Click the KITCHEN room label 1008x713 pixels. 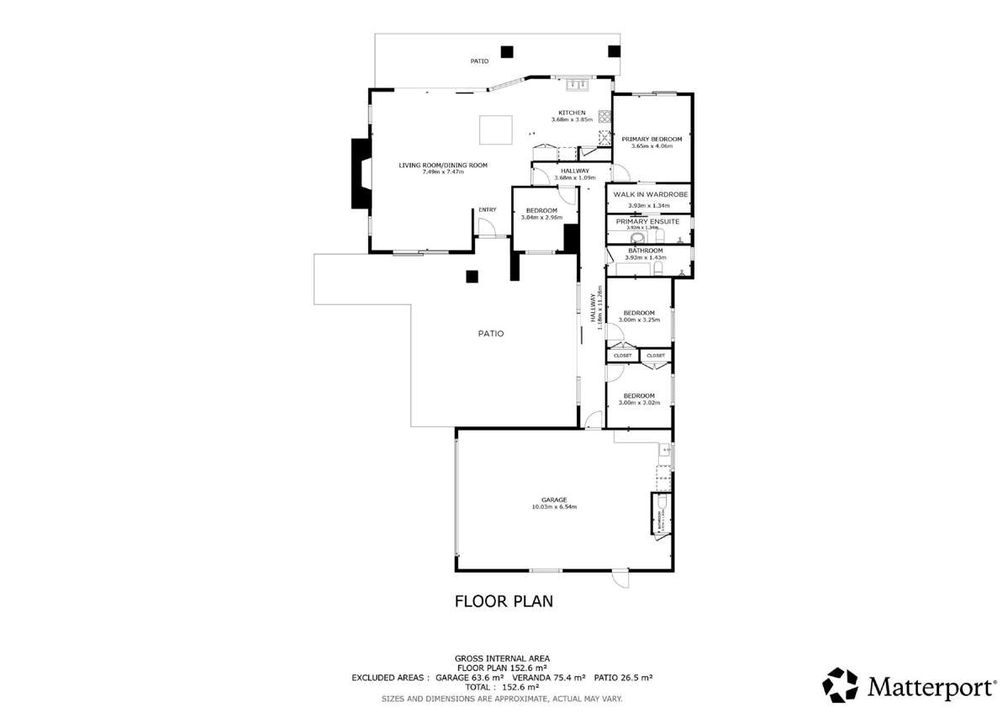tap(573, 113)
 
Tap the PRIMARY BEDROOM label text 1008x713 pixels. tap(651, 139)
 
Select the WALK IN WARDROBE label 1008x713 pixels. tap(650, 194)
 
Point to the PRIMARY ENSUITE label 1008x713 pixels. tap(647, 221)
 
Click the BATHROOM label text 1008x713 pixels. tap(645, 250)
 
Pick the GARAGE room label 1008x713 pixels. tap(553, 499)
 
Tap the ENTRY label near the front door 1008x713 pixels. tap(488, 210)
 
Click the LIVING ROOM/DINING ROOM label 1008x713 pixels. tap(442, 165)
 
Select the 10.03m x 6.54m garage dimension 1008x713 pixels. tap(553, 507)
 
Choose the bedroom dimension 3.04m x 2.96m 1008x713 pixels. tap(541, 218)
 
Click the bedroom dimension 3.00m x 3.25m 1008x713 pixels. tap(639, 320)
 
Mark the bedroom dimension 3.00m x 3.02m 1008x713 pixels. tap(639, 403)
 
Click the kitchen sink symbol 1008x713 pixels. tap(577, 83)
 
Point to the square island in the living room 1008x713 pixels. tap(495, 130)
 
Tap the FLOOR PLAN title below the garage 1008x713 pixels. tap(503, 601)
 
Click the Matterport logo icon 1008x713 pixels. tap(840, 685)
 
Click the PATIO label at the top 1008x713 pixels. tap(479, 61)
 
